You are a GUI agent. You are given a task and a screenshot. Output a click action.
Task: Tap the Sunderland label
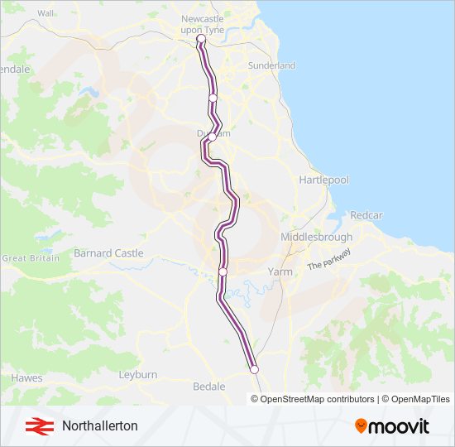click(271, 65)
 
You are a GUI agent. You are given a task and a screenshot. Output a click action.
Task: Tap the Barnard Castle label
click(108, 253)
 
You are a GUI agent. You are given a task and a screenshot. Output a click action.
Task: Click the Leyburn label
click(137, 375)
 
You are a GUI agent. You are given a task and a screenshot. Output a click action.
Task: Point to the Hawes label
click(26, 377)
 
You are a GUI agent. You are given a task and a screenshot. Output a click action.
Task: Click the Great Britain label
click(31, 258)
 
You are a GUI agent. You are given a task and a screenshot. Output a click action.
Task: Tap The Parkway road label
click(329, 259)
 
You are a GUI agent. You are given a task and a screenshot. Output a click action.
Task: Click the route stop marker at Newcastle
click(201, 38)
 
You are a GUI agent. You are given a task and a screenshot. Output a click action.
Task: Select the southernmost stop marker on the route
click(254, 369)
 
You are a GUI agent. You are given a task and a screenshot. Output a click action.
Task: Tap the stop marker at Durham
click(212, 137)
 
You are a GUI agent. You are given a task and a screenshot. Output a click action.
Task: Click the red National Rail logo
click(36, 426)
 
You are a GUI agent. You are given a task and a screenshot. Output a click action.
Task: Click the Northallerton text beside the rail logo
click(99, 426)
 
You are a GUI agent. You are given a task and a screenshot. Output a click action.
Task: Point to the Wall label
click(45, 14)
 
